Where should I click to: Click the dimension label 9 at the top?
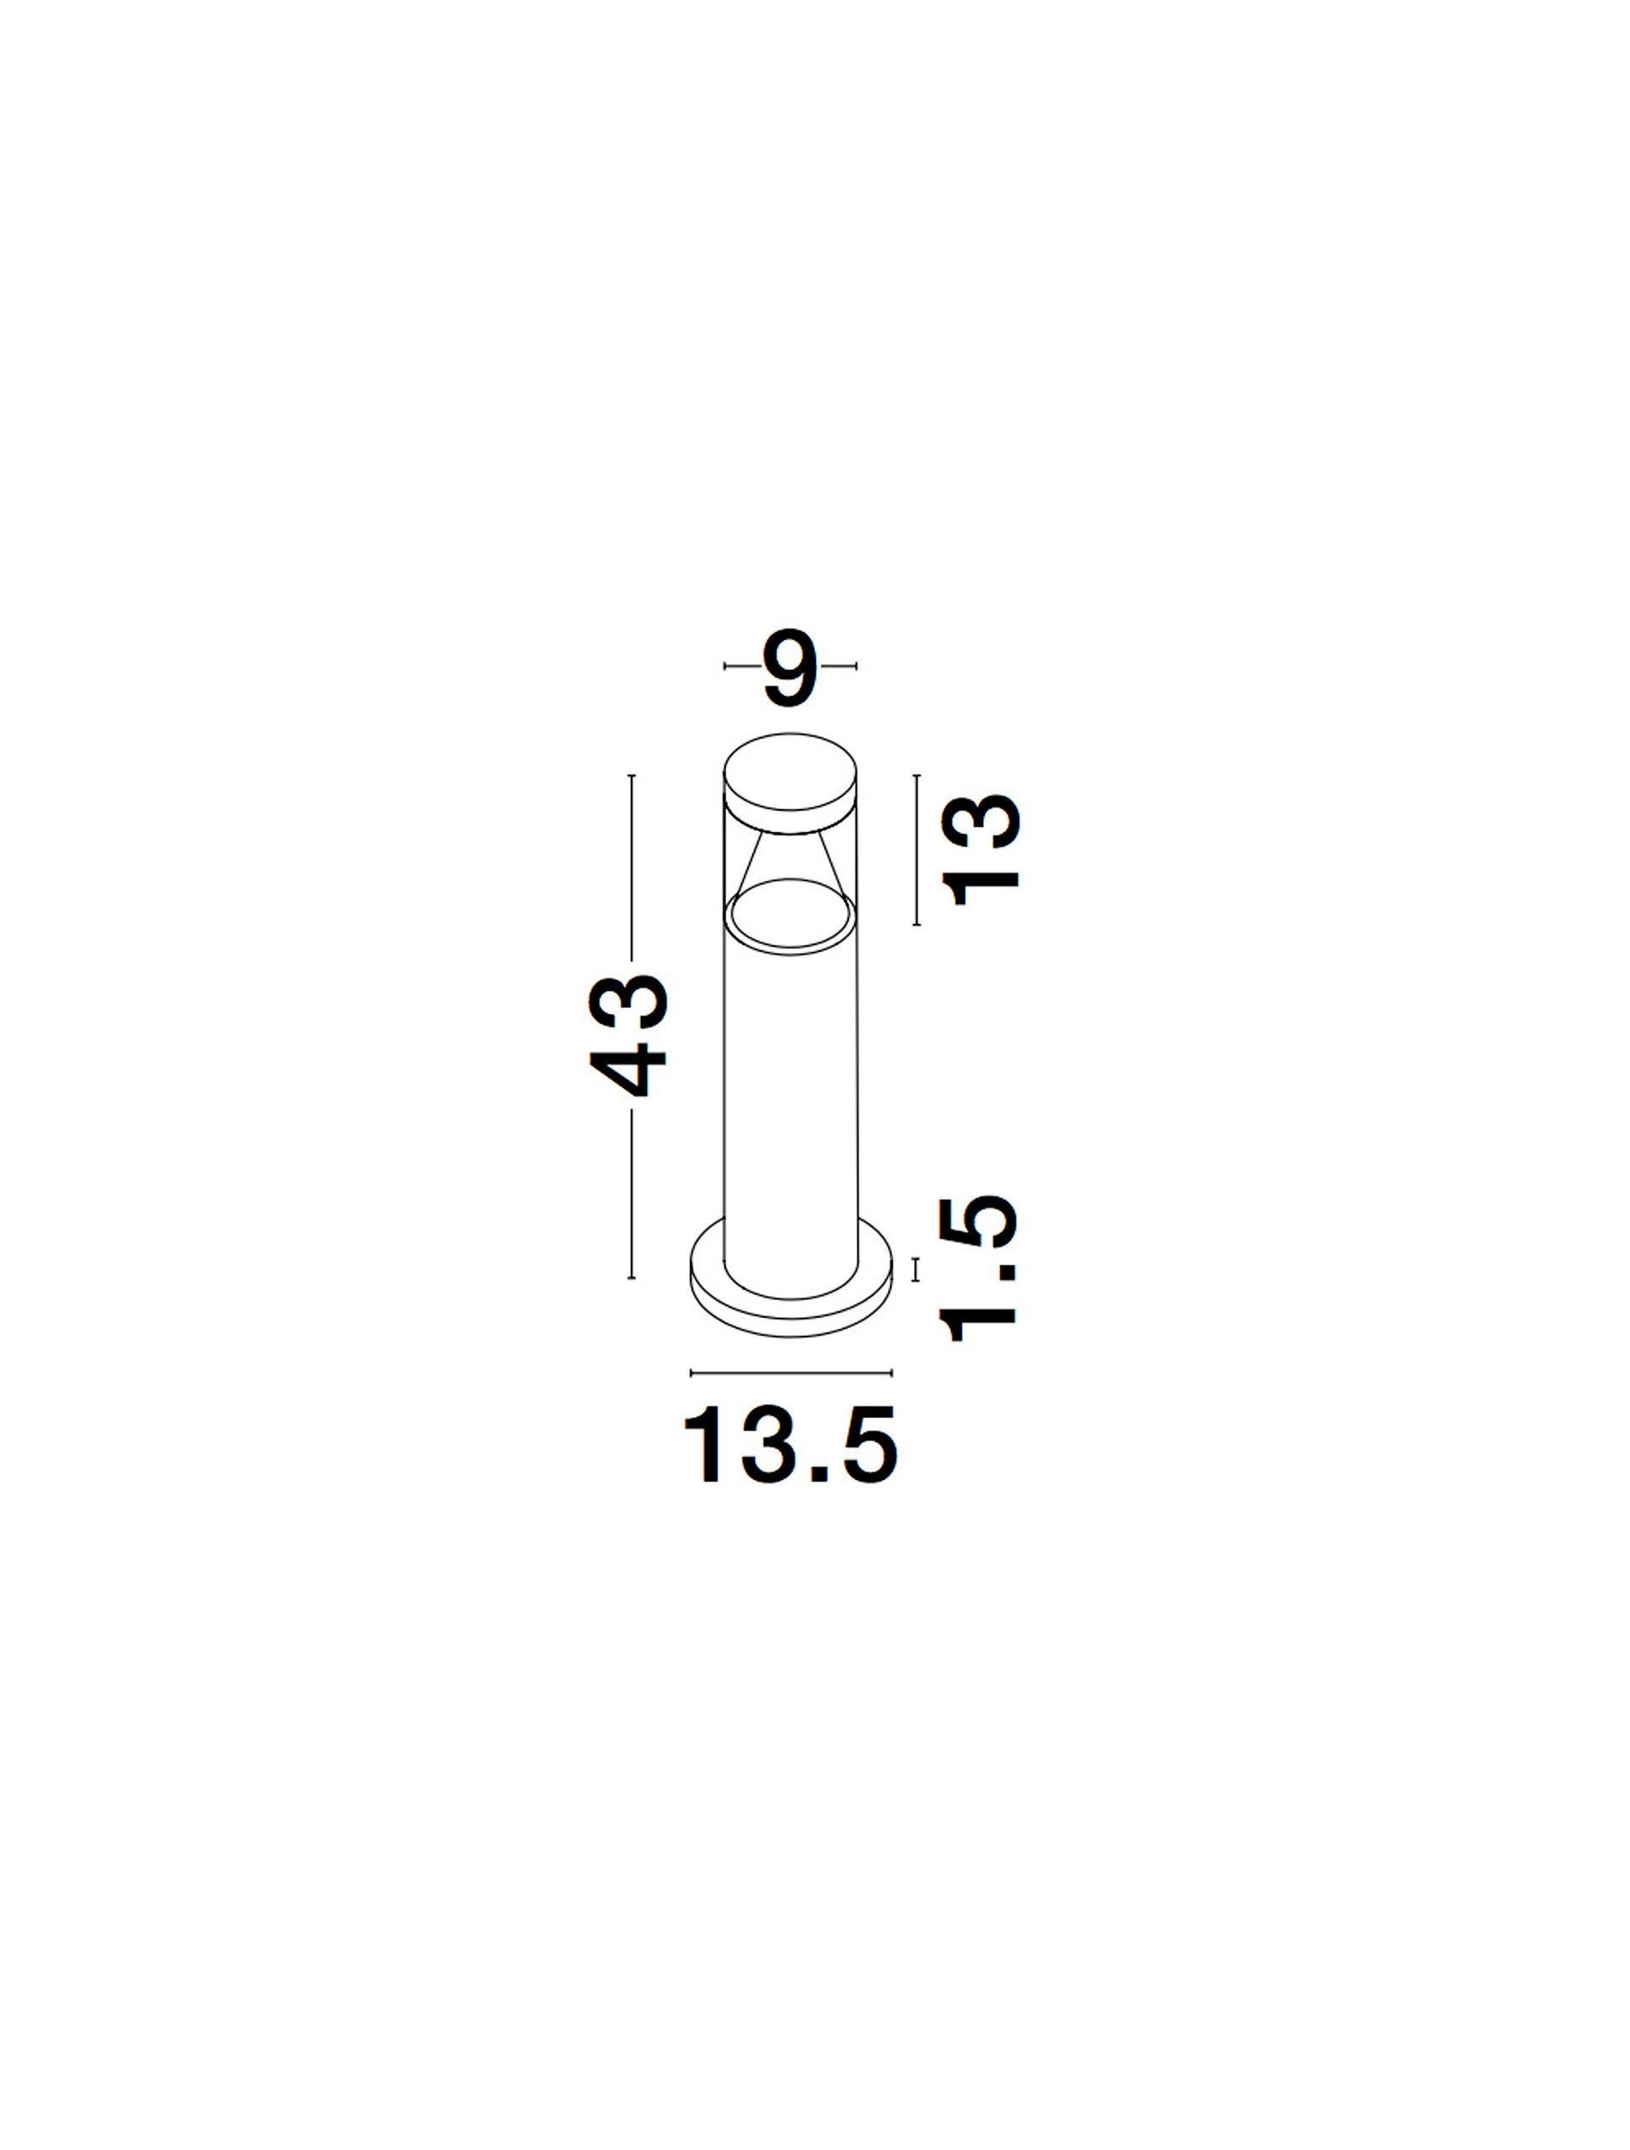[x=790, y=669]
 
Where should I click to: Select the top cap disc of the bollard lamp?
[x=790, y=784]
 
